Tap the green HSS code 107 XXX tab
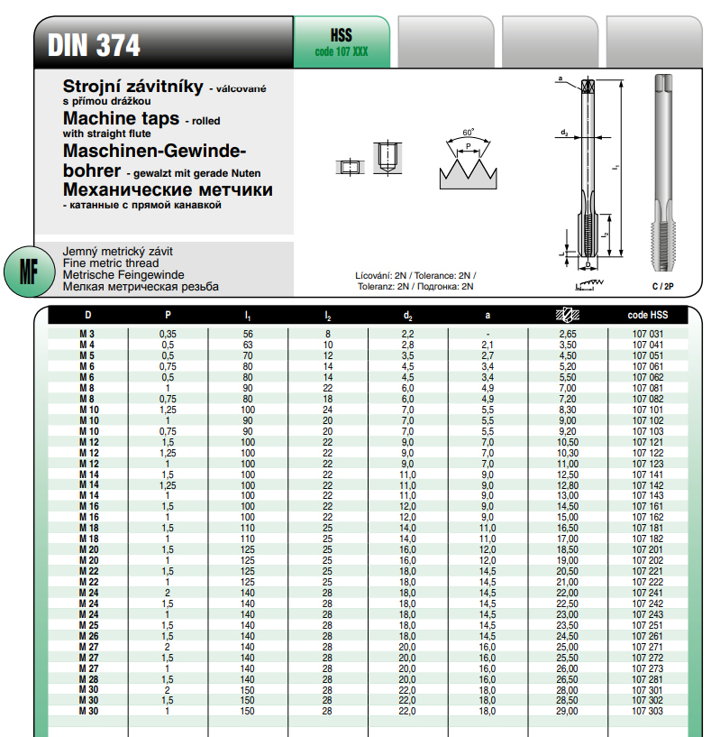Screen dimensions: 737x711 pyautogui.click(x=342, y=42)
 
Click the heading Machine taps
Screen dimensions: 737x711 pyautogui.click(x=120, y=118)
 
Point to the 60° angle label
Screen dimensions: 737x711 pyautogui.click(x=468, y=133)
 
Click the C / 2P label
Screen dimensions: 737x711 pyautogui.click(x=662, y=285)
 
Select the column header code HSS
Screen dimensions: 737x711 pyautogui.click(x=647, y=316)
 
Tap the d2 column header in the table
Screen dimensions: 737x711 pyautogui.click(x=407, y=316)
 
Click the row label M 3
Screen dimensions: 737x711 pyautogui.click(x=88, y=335)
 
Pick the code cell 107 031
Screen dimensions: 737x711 pyautogui.click(x=647, y=335)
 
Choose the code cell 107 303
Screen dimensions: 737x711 pyautogui.click(x=647, y=711)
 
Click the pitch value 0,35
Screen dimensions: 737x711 pyautogui.click(x=168, y=335)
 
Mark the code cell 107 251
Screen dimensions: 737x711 pyautogui.click(x=647, y=624)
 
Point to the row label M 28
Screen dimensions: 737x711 pyautogui.click(x=88, y=678)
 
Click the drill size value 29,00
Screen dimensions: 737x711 pyautogui.click(x=568, y=711)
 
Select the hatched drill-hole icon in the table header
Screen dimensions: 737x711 pyautogui.click(x=568, y=316)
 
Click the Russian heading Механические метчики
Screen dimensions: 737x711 pyautogui.click(x=168, y=190)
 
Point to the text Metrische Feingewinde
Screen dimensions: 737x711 pyautogui.click(x=123, y=274)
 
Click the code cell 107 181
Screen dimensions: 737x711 pyautogui.click(x=647, y=528)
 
